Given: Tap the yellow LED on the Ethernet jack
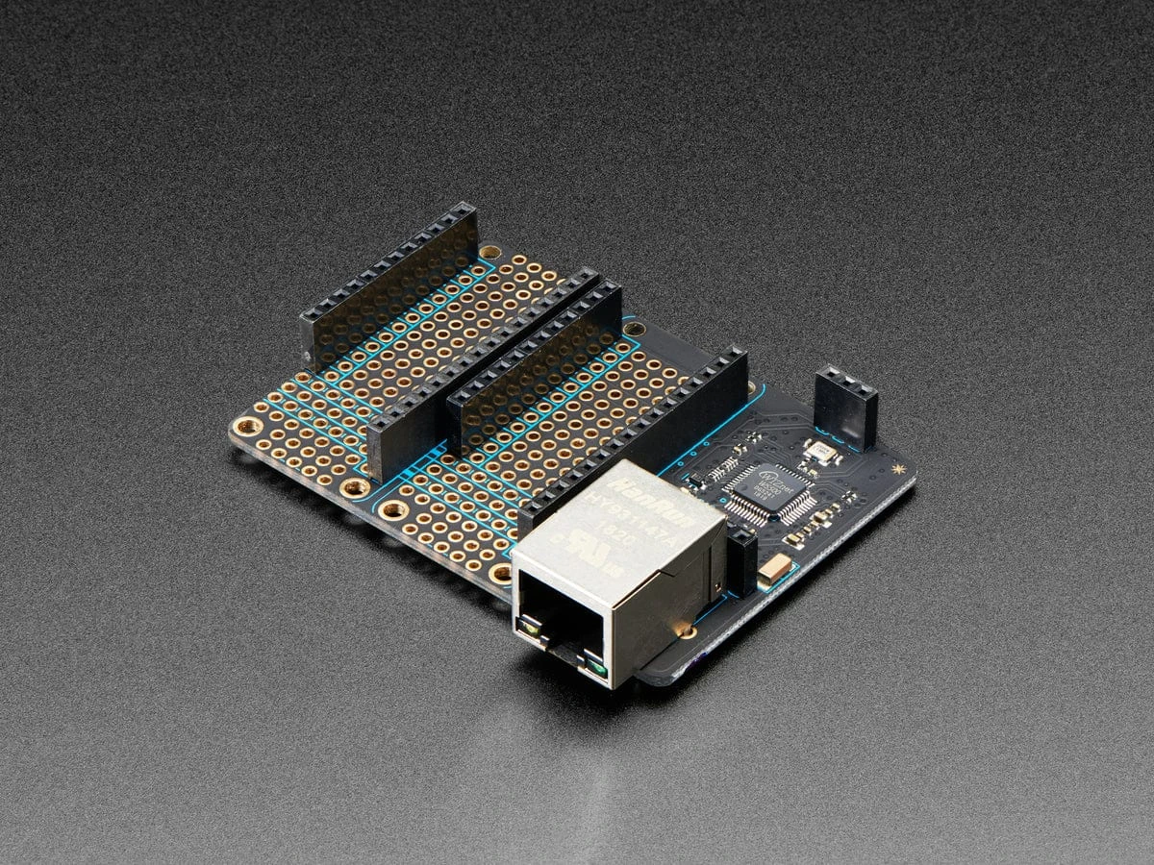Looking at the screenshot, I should [x=529, y=628].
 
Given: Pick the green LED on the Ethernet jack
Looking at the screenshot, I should [x=598, y=666].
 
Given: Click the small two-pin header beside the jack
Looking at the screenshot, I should [x=741, y=561].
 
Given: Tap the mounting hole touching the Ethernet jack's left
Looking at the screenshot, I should [x=501, y=575].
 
